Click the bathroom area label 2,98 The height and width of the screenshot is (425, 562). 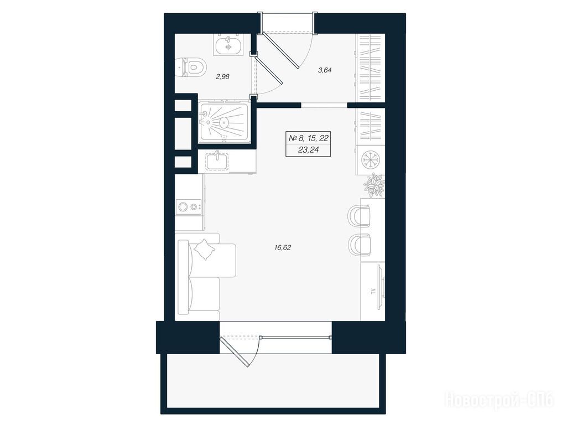click(x=222, y=76)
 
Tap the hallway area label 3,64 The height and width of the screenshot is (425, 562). click(x=325, y=70)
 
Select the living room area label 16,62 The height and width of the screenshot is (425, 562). click(x=283, y=247)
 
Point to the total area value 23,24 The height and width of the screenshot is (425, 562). click(x=308, y=151)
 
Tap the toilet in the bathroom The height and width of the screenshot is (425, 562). click(x=192, y=68)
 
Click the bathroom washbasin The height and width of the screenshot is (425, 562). click(x=228, y=44)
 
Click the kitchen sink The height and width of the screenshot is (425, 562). click(x=217, y=160)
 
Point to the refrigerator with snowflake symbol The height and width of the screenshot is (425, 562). click(x=370, y=159)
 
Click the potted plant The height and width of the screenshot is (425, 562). click(x=374, y=185)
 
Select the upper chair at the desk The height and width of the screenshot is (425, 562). click(x=359, y=216)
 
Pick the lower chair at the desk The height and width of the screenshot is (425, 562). click(x=359, y=245)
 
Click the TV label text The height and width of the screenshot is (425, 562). click(x=373, y=291)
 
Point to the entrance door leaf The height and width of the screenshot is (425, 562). click(x=281, y=50)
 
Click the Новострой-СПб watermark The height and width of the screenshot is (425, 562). click(x=499, y=400)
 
